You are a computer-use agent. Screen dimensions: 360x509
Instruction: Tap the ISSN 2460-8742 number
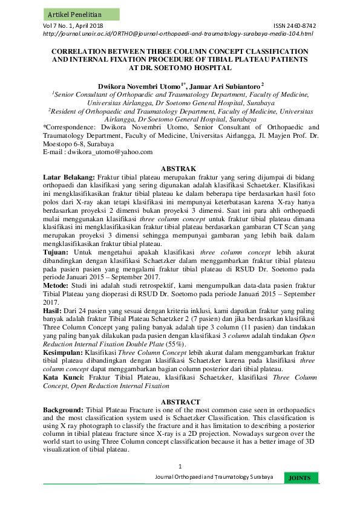coord(295,26)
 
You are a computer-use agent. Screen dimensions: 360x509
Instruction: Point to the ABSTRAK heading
coord(180,167)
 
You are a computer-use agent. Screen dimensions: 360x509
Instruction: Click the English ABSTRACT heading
coord(180,401)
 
